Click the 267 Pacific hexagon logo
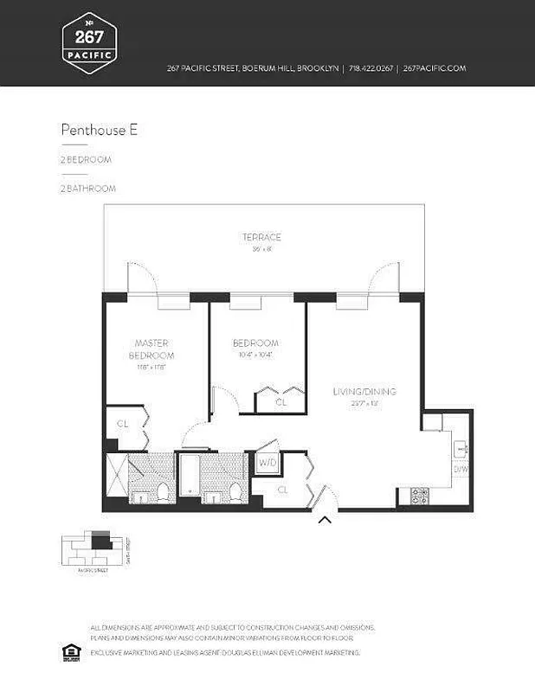(89, 42)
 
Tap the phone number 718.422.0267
(371, 68)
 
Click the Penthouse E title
(99, 131)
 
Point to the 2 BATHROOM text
(87, 188)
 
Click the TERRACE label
(261, 237)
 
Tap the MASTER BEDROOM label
(151, 349)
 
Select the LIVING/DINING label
(364, 392)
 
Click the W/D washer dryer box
(267, 464)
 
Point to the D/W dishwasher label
(460, 470)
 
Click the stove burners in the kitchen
(419, 496)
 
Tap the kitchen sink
(460, 448)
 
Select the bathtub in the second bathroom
(188, 477)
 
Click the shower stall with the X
(115, 478)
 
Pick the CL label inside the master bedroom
(122, 424)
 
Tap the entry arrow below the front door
(325, 520)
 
